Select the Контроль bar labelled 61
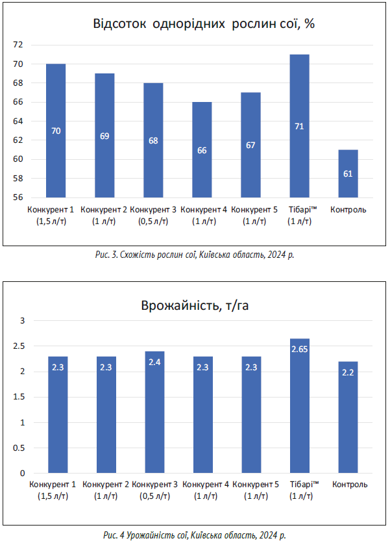(x=348, y=173)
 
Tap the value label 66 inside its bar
(x=202, y=150)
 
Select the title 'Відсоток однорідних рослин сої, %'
(x=204, y=25)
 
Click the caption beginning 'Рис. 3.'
(x=195, y=255)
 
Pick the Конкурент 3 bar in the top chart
(x=153, y=140)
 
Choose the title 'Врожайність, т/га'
(x=195, y=305)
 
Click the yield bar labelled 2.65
(x=300, y=406)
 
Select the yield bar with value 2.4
(x=154, y=412)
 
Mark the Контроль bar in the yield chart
(x=348, y=417)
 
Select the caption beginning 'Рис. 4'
(x=195, y=535)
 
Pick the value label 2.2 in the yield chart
(x=348, y=372)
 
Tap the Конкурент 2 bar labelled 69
(x=104, y=135)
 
